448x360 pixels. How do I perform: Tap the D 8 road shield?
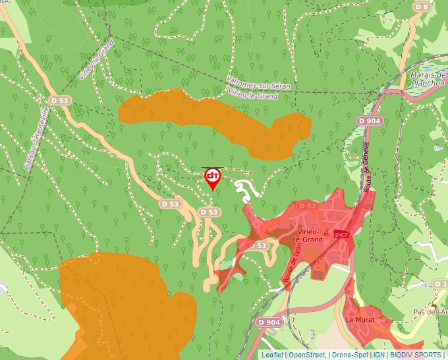[x=422, y=7]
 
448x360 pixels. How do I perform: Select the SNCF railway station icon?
[x=341, y=234]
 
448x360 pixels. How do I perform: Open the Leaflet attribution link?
[x=273, y=355]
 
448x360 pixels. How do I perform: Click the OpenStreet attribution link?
[x=307, y=355]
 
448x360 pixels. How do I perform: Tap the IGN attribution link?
[x=379, y=355]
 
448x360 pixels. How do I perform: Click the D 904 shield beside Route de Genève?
[x=370, y=121]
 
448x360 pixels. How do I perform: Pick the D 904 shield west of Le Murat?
[x=269, y=322]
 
